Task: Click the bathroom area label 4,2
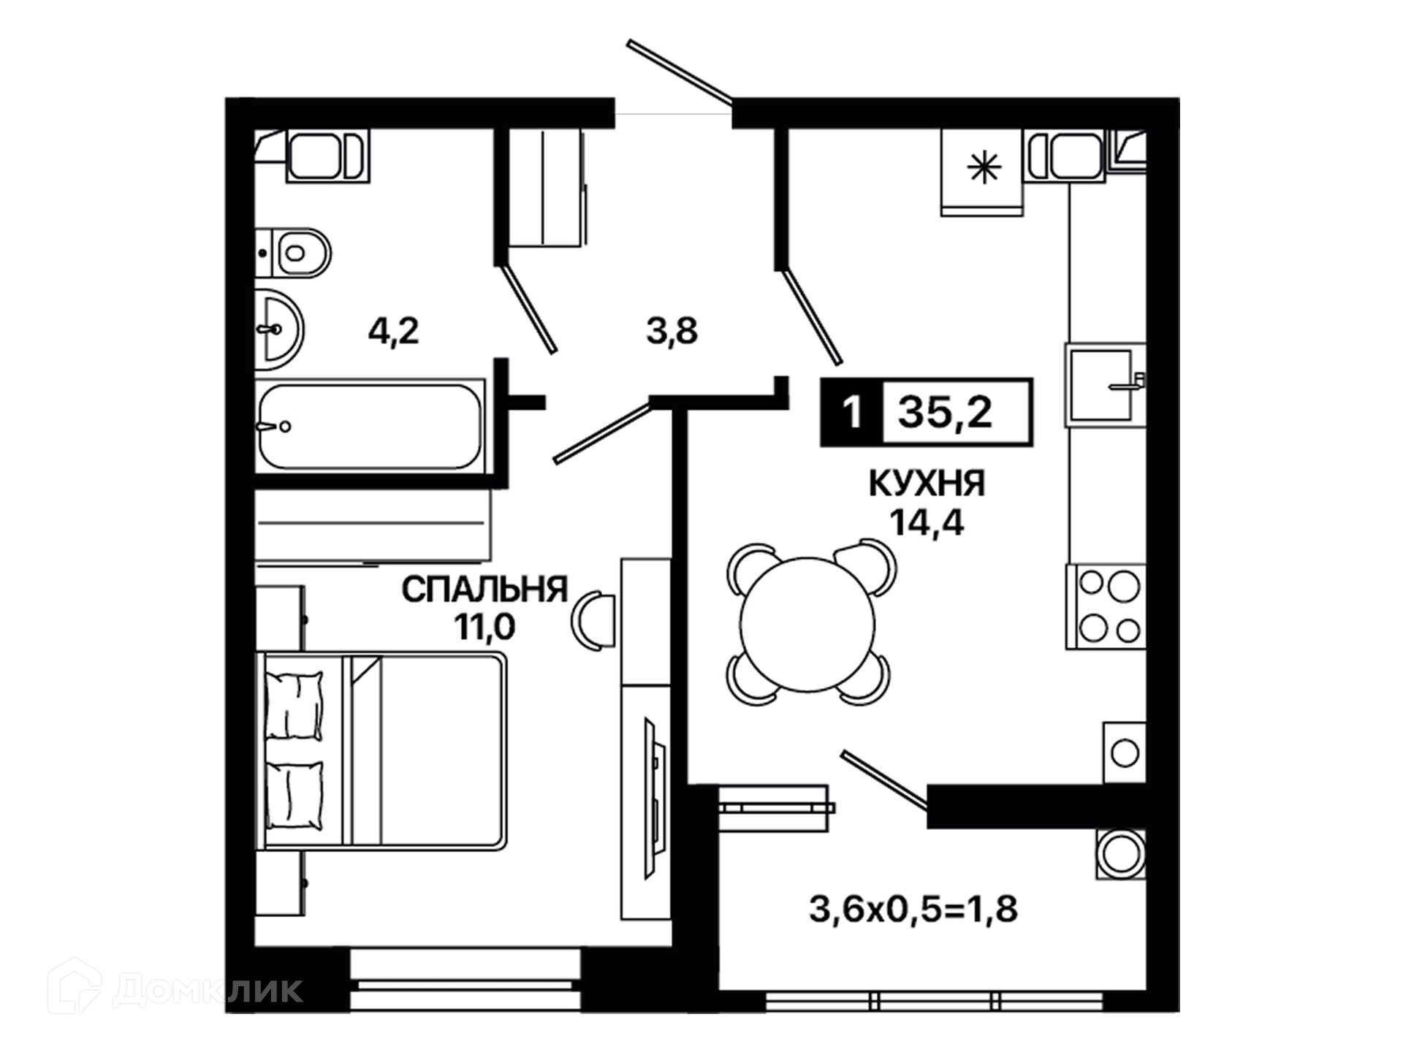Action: point(393,332)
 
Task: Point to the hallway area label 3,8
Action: point(672,332)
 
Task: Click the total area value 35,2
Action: point(945,413)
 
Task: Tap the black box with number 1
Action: point(852,413)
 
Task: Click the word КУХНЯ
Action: point(927,484)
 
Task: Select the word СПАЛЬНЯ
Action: point(484,590)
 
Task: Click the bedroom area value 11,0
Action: point(484,627)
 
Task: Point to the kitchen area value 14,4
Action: point(927,522)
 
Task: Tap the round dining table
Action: point(807,625)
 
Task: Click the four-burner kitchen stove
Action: point(1106,606)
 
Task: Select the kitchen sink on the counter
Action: point(1106,385)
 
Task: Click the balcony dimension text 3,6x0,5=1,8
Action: point(913,910)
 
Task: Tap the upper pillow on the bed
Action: point(294,706)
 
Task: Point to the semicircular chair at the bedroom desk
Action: point(593,621)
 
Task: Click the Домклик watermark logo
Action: point(175,989)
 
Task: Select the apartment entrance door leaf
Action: point(680,71)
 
